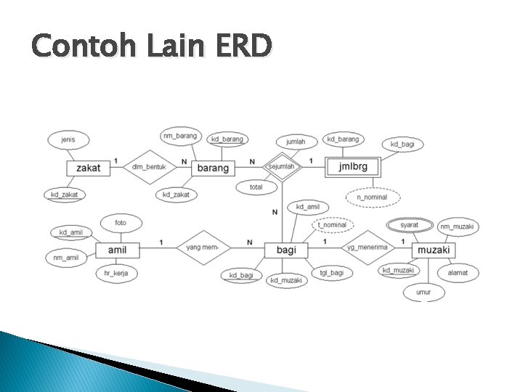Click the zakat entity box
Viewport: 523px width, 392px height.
[88, 168]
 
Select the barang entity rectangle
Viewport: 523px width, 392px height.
[213, 168]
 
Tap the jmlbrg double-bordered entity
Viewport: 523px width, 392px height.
[352, 167]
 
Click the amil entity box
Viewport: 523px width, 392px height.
[118, 250]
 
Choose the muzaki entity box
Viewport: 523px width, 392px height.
[434, 250]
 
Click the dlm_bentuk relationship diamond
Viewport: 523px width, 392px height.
[149, 168]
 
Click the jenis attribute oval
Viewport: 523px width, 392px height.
[68, 139]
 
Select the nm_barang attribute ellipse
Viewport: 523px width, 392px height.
[179, 136]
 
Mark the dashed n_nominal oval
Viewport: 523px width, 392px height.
[372, 197]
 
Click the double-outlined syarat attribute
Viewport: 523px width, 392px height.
[409, 225]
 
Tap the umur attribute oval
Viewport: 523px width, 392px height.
[423, 293]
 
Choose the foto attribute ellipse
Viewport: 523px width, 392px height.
[120, 222]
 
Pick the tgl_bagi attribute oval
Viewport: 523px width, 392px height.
[331, 273]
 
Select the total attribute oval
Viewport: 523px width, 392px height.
[256, 187]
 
